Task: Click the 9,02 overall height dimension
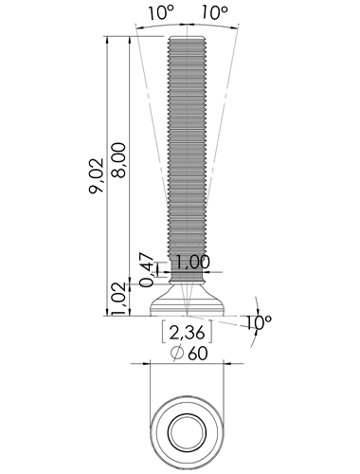(96, 175)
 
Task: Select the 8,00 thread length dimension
(118, 160)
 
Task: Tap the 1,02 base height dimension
(121, 300)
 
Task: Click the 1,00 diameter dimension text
(191, 262)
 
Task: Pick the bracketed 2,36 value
(187, 333)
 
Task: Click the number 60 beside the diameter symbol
(198, 354)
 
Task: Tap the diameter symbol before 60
(177, 353)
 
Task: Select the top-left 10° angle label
(161, 12)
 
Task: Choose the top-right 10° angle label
(214, 12)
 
